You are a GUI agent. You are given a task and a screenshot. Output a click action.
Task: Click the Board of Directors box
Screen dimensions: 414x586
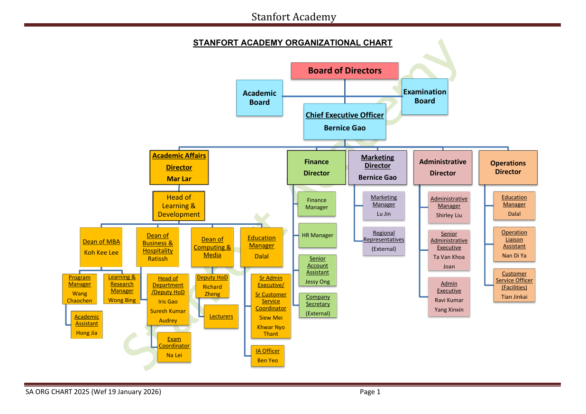[x=345, y=71]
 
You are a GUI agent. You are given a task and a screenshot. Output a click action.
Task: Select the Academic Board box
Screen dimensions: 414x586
[x=259, y=98]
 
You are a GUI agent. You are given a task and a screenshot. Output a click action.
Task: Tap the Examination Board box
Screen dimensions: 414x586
[x=424, y=96]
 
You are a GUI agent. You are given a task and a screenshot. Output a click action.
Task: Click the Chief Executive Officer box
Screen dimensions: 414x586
[x=345, y=121]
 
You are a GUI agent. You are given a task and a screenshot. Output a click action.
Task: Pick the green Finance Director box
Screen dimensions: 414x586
[x=316, y=167]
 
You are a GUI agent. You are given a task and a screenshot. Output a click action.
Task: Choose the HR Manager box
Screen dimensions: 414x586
[x=317, y=235]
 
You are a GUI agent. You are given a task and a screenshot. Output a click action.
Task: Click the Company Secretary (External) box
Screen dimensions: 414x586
[x=318, y=305]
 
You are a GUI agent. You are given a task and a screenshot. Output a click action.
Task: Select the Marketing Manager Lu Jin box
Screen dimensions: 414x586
[x=384, y=206]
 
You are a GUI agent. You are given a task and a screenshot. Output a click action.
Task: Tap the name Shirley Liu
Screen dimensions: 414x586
[x=449, y=215]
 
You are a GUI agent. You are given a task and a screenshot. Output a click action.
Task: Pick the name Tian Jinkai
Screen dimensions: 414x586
[x=514, y=297]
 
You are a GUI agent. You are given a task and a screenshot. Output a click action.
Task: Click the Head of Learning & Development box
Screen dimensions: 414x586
[x=179, y=206]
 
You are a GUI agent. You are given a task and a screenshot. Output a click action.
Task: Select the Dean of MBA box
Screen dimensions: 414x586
[x=101, y=247]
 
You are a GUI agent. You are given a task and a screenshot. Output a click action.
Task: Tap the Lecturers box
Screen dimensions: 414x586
[x=221, y=317]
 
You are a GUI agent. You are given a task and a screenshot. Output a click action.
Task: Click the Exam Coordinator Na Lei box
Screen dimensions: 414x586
[x=174, y=347]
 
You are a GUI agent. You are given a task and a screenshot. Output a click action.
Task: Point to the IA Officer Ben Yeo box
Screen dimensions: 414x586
[x=268, y=356]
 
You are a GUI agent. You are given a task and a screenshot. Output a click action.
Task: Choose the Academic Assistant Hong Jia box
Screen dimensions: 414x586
[x=86, y=325]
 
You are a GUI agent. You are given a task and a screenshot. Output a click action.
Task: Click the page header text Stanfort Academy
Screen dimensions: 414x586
[x=293, y=17]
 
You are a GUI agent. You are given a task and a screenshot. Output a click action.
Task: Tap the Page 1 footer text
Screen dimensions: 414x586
[x=370, y=392]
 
